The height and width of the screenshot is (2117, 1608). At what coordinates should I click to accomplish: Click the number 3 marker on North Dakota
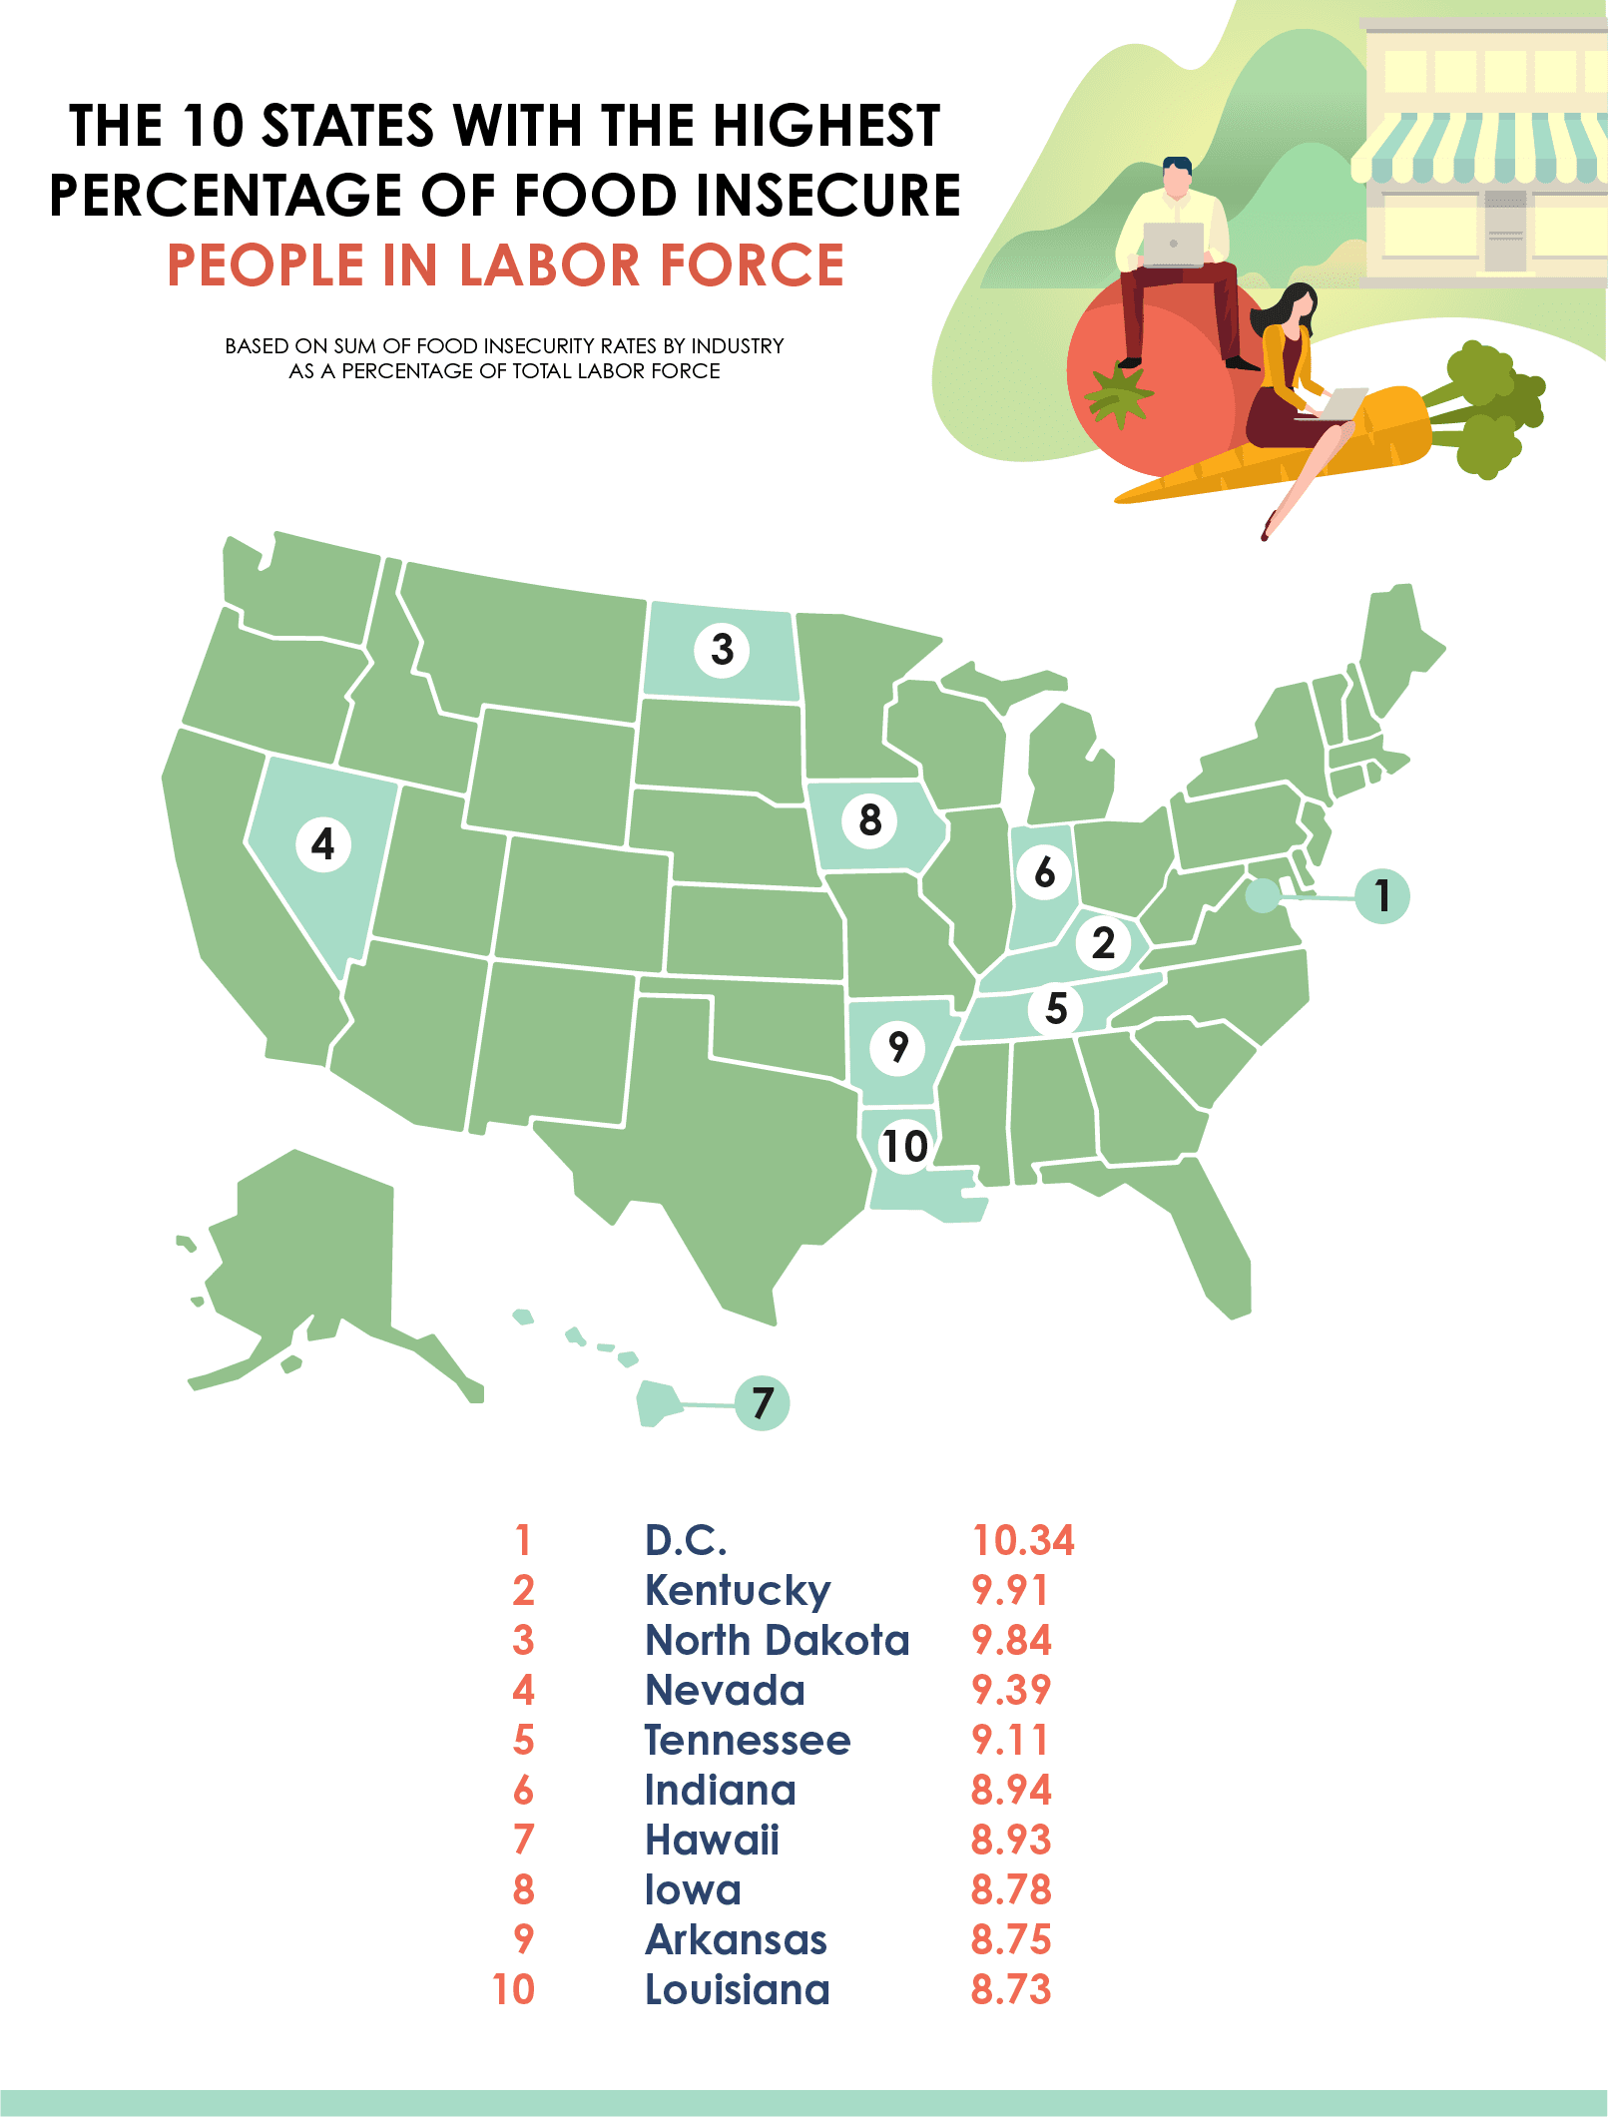tap(722, 649)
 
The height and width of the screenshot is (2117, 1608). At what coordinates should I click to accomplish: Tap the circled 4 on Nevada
tap(323, 844)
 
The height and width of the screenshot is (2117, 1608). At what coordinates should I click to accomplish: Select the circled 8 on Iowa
tap(870, 820)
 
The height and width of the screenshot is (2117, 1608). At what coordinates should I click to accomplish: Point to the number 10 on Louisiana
tap(905, 1146)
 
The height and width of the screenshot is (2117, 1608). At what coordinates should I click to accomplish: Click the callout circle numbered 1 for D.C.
tap(1382, 896)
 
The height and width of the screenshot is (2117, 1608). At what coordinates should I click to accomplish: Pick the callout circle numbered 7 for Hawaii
tap(763, 1402)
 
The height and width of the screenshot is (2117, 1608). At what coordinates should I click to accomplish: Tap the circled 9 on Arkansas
tap(898, 1046)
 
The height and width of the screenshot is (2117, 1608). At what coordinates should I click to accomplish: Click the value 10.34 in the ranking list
tap(1023, 1540)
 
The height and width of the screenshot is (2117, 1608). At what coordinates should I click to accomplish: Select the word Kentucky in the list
tap(738, 1591)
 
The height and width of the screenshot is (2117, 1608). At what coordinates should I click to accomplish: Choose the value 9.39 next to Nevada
tap(1011, 1690)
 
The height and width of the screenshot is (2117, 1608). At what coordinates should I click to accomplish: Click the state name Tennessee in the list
tap(748, 1740)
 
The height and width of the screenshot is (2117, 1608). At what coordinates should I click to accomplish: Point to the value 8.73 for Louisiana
tap(1011, 1989)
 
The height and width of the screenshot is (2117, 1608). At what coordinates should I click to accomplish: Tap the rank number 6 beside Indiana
tap(523, 1791)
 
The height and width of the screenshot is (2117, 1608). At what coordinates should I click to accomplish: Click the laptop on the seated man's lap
tap(1173, 245)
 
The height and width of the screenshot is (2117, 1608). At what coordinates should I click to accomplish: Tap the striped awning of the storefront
tap(1482, 150)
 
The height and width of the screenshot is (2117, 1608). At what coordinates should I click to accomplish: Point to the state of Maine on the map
tap(1397, 649)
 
